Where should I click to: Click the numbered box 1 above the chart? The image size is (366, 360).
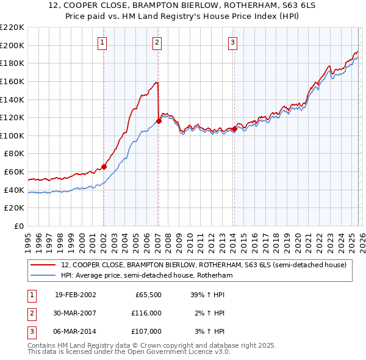102,42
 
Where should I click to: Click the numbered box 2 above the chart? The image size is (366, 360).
157,42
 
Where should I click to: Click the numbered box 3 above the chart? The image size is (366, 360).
232,42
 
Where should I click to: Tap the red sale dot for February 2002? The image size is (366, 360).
104,167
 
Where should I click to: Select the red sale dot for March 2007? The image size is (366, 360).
159,121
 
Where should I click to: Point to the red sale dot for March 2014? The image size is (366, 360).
234,129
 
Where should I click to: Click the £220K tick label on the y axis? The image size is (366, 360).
12,27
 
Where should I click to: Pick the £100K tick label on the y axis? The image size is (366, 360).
12,135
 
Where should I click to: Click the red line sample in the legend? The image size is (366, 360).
43,265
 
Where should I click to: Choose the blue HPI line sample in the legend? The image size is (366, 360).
43,275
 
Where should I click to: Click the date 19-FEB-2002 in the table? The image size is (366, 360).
75,295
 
